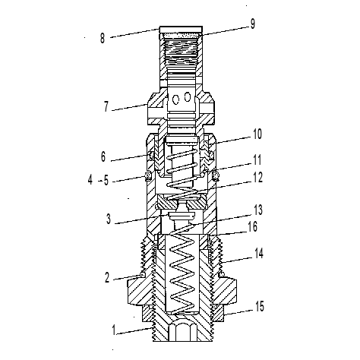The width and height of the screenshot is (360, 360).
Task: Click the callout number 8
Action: pos(103,39)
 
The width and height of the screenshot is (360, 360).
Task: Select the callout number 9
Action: pos(253,24)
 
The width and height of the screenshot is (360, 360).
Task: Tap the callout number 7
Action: pos(106,106)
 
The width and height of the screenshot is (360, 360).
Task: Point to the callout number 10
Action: pos(257,134)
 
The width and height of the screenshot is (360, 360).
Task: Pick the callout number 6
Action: pos(103,156)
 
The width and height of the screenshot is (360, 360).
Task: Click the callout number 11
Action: pos(257,160)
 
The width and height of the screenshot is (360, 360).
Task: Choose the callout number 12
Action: pos(258,178)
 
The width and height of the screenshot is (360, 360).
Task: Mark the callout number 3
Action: pos(109,219)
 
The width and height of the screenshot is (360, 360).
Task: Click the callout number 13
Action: pos(258,210)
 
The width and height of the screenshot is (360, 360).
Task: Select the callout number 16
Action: pos(253,226)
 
